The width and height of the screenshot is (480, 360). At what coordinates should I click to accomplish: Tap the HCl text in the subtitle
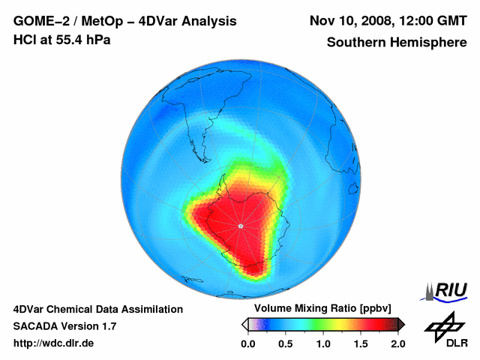point(25,39)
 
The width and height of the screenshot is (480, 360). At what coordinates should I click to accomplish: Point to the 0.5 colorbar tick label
point(285,343)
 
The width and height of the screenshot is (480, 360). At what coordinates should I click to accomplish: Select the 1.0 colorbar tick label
point(322,343)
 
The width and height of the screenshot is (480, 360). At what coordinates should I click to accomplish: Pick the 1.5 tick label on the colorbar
point(360,343)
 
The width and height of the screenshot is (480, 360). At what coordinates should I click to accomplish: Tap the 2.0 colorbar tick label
point(397,343)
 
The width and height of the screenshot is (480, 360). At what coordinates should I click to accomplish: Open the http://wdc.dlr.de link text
point(54,343)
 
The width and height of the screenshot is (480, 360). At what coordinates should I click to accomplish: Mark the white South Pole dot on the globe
point(240,226)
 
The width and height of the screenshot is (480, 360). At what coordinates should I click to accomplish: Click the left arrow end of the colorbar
point(244,324)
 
